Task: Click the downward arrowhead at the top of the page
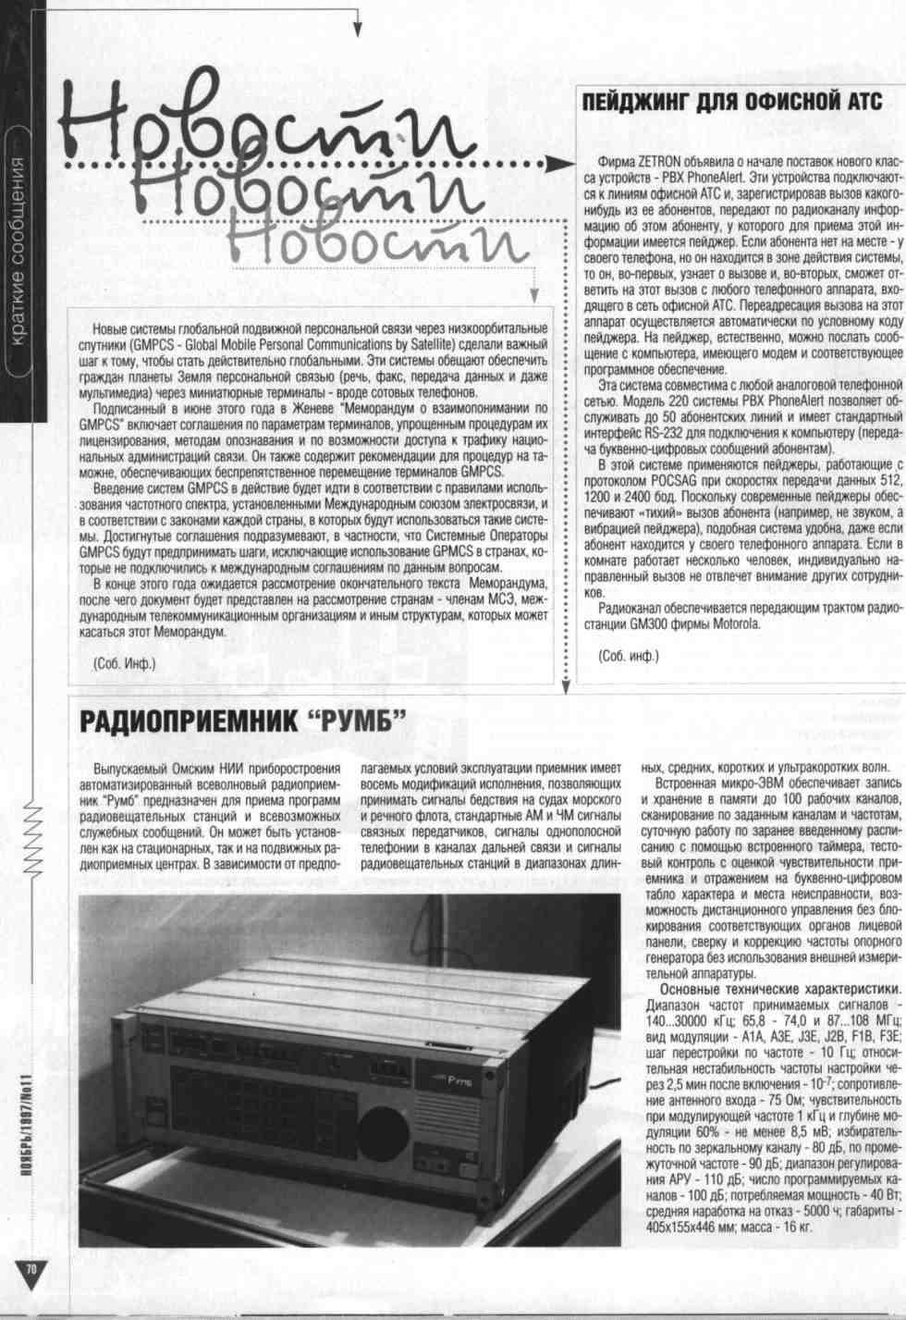tap(356, 30)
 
